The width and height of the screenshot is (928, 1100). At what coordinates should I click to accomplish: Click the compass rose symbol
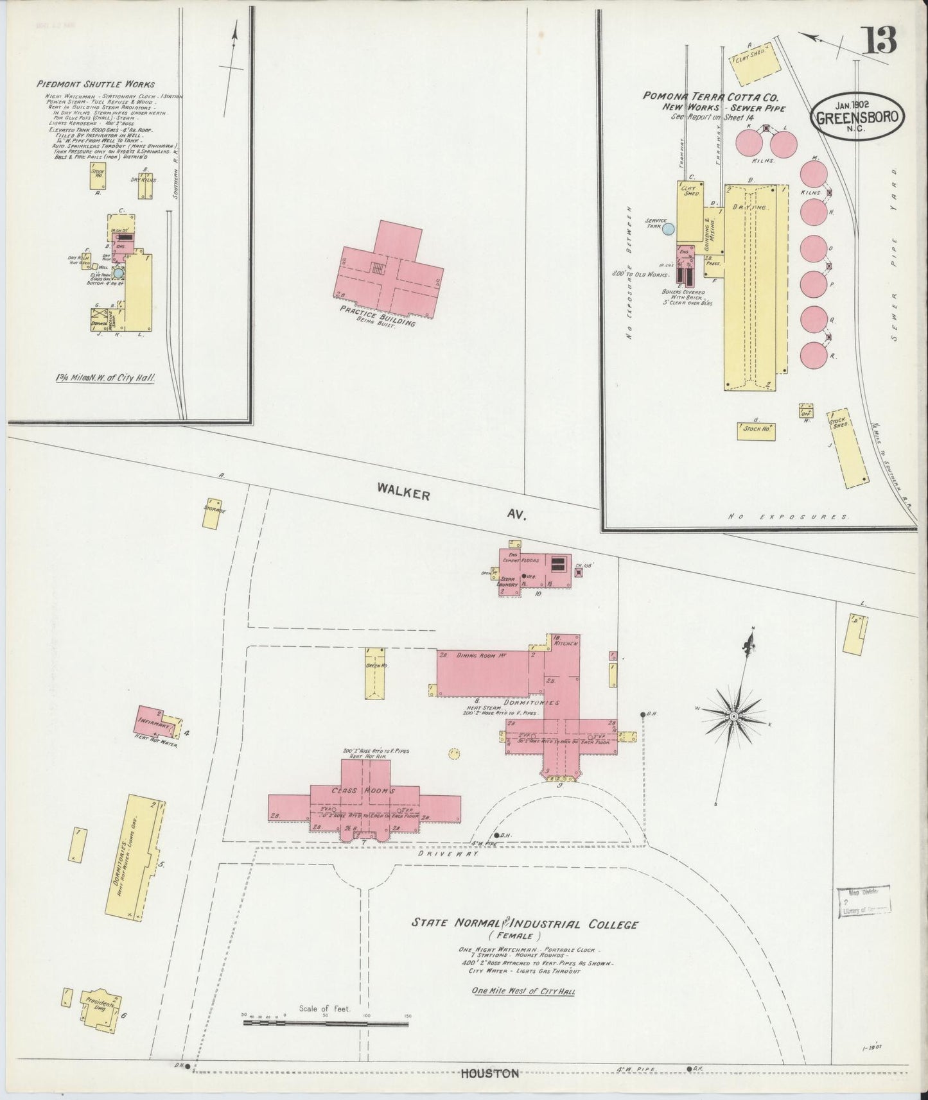pos(733,714)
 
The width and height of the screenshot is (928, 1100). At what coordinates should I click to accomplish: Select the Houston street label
pos(489,1072)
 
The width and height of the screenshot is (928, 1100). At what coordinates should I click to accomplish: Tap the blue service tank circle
pos(669,228)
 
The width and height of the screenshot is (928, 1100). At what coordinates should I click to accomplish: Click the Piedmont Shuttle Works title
pos(96,84)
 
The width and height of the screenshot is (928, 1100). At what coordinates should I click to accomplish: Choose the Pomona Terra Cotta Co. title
pos(711,97)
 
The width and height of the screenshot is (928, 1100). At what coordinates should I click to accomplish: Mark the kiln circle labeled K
pos(747,142)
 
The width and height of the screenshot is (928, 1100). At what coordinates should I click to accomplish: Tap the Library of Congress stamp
pos(863,900)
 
